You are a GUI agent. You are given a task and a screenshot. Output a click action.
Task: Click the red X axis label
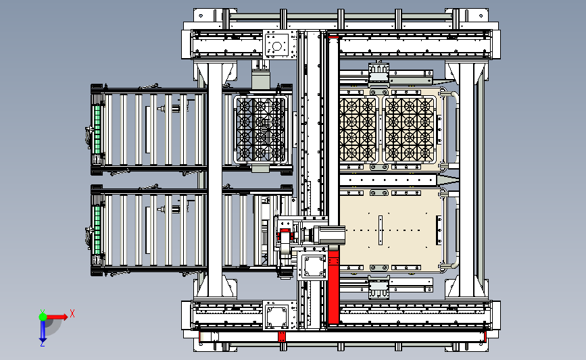(x=72, y=313)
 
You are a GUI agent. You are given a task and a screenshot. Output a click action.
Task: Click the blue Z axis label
(x=43, y=342)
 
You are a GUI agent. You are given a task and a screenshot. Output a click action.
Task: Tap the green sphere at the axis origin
(x=43, y=315)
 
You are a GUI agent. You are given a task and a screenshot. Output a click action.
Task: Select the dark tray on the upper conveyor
(x=260, y=130)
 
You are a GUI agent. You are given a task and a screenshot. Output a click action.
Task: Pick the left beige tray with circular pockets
(x=358, y=130)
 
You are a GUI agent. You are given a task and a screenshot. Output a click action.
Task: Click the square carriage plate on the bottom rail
(x=277, y=315)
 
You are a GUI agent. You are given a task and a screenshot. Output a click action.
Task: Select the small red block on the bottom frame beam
(x=283, y=336)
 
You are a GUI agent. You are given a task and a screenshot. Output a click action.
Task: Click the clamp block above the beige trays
(x=378, y=72)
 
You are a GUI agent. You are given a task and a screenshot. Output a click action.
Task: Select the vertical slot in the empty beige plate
(x=381, y=230)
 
